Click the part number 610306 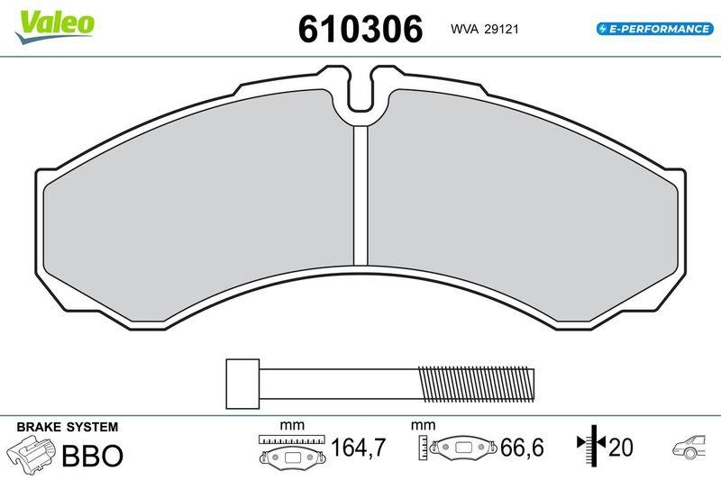point(360,29)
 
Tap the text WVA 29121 point(483,30)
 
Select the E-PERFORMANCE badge point(654,29)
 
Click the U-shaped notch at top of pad point(361,94)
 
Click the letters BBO point(91,455)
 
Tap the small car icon point(690,448)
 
